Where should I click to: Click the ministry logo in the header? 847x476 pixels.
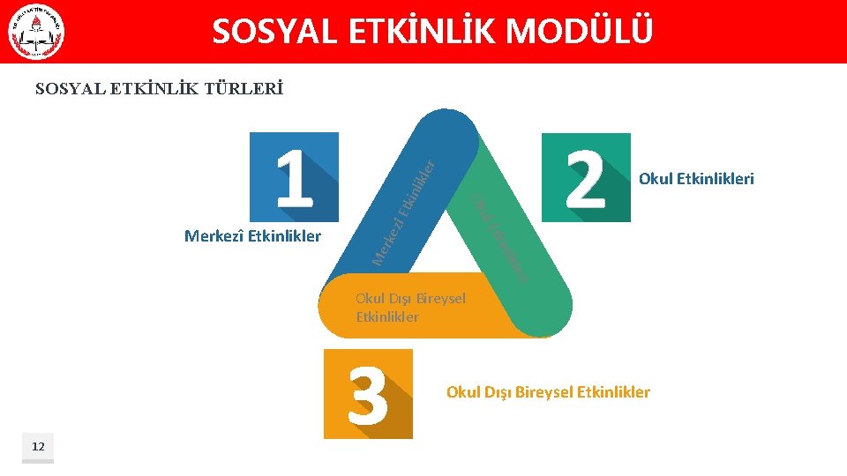pyautogui.click(x=36, y=33)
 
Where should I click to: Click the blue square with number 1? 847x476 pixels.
pyautogui.click(x=294, y=176)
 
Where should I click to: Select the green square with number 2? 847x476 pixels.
pyautogui.click(x=586, y=177)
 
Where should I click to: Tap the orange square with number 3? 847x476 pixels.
pyautogui.click(x=368, y=394)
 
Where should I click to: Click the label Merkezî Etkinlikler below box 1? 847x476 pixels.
pyautogui.click(x=252, y=236)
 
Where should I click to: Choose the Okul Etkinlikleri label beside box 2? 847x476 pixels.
pyautogui.click(x=696, y=179)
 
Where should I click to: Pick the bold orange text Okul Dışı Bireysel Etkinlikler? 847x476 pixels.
pyautogui.click(x=548, y=392)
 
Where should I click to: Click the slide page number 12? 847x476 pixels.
pyautogui.click(x=38, y=447)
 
